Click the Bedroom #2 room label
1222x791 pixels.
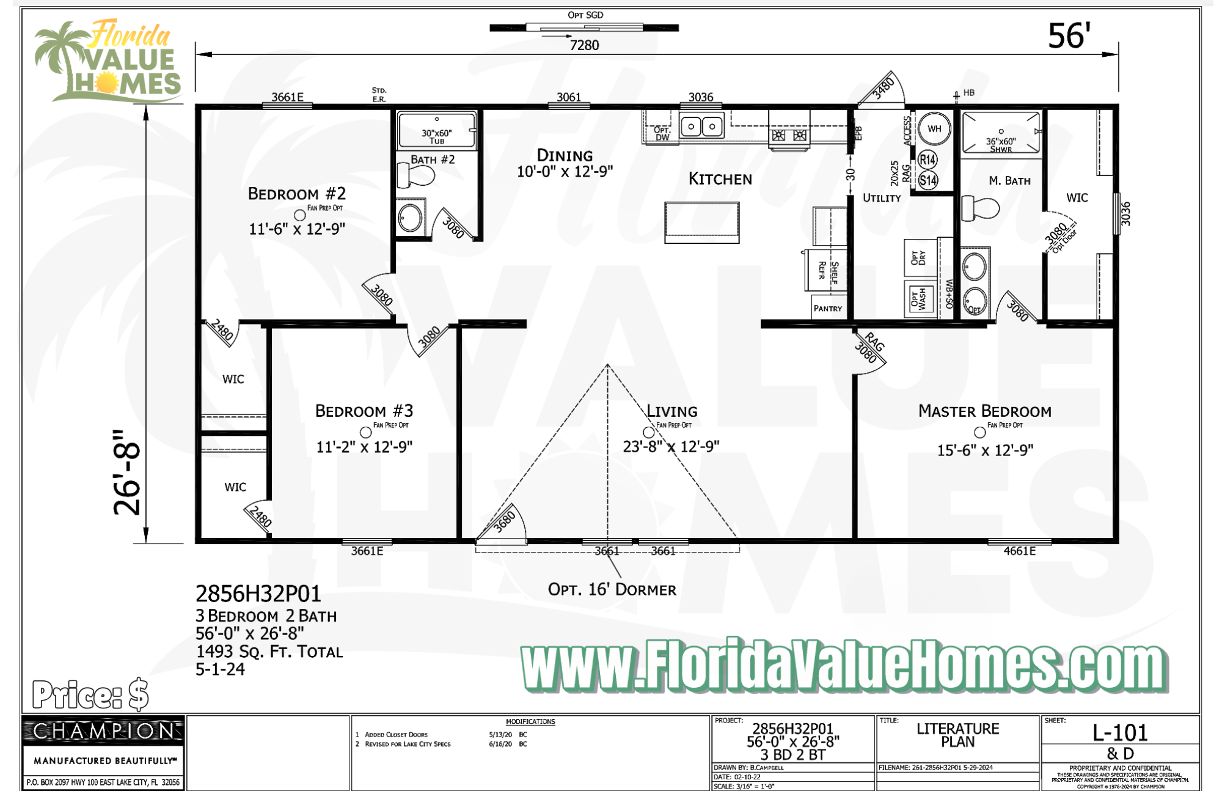[297, 194]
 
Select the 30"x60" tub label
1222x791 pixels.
[436, 136]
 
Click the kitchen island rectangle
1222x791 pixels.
[701, 223]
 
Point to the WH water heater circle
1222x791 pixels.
[934, 129]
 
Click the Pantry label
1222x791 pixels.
[827, 309]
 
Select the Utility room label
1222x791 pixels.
[881, 198]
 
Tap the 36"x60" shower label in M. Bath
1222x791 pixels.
[1001, 144]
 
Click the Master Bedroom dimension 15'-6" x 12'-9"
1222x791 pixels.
[985, 451]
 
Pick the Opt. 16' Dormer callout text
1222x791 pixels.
[612, 590]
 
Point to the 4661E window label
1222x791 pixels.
[1019, 551]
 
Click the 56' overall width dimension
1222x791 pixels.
[1069, 36]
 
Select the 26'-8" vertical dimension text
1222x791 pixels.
[128, 472]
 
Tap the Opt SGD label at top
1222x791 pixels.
[585, 15]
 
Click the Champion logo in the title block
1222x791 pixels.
[103, 731]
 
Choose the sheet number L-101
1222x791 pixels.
[1120, 732]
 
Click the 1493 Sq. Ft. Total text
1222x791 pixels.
[269, 652]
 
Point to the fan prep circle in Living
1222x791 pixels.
[648, 433]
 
